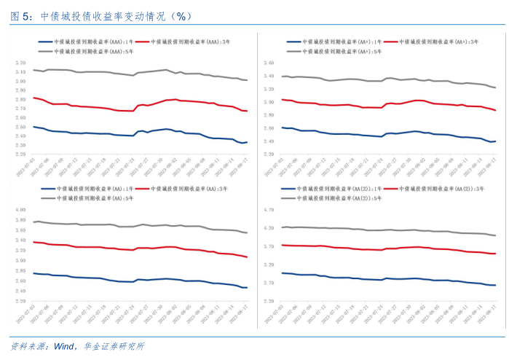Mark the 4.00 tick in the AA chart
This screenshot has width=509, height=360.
[x=20, y=211]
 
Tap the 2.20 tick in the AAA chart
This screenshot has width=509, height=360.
[x=20, y=154]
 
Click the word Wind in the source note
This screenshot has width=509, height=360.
[x=65, y=345]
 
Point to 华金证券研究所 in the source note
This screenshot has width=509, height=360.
[x=114, y=345]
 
